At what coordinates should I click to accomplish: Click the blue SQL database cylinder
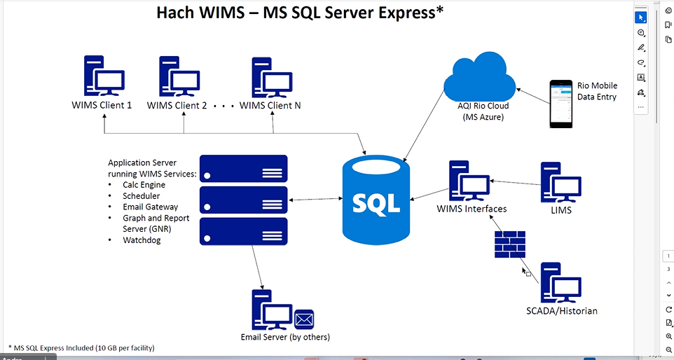(376, 201)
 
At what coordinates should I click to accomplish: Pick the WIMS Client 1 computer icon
(103, 76)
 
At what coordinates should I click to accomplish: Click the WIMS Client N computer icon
(271, 77)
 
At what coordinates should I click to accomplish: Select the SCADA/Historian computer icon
(560, 282)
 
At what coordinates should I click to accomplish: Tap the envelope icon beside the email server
(304, 319)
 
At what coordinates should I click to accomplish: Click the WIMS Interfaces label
(472, 209)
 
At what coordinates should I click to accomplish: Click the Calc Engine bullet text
(144, 185)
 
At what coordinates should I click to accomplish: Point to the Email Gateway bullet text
(150, 207)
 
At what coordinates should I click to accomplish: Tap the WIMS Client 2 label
(177, 106)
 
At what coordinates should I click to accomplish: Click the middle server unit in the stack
(244, 200)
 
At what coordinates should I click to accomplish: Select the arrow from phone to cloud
(532, 95)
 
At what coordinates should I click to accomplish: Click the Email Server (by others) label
(285, 337)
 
